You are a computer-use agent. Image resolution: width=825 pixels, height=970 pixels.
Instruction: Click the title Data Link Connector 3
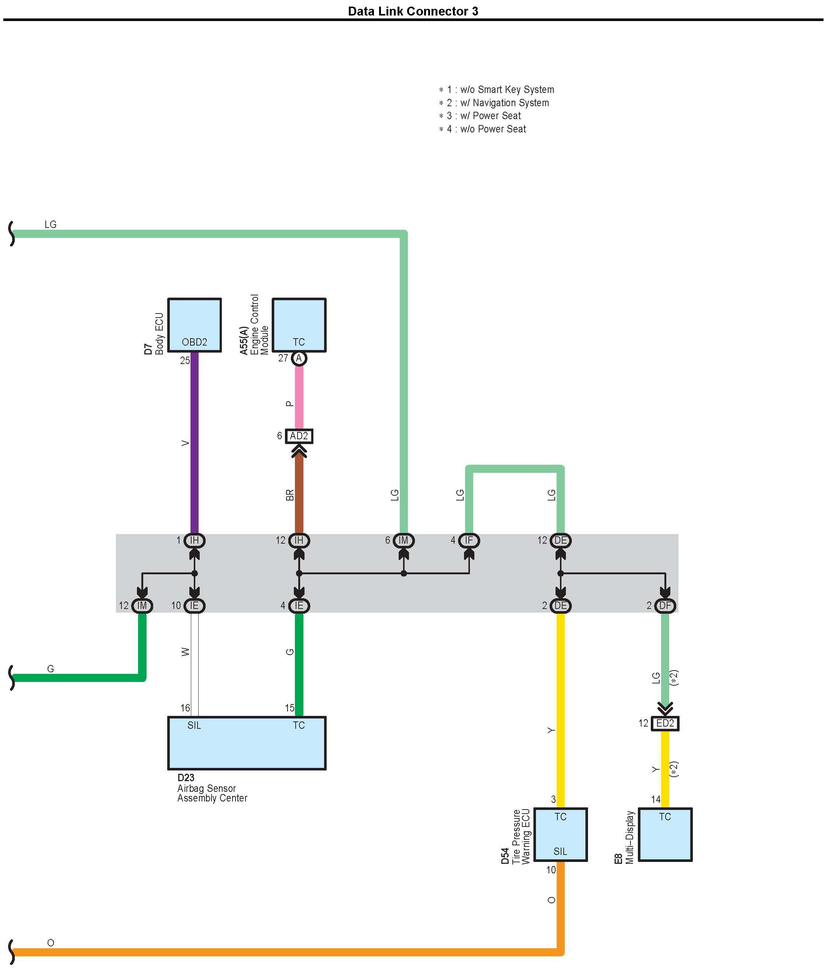pyautogui.click(x=413, y=11)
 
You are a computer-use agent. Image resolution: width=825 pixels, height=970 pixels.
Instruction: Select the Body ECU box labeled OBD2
pyautogui.click(x=194, y=325)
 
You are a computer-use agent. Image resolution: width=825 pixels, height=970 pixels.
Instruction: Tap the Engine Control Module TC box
pyautogui.click(x=299, y=325)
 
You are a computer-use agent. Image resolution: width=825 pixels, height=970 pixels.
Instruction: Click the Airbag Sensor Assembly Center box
pyautogui.click(x=247, y=742)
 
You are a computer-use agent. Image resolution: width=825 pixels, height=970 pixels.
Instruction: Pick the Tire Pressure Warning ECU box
pyautogui.click(x=560, y=834)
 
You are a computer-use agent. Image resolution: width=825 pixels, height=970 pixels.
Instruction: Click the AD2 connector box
pyautogui.click(x=299, y=436)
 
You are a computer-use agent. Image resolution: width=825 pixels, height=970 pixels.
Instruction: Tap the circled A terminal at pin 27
pyautogui.click(x=299, y=358)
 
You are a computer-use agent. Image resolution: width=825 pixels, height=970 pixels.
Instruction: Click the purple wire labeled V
pyautogui.click(x=194, y=444)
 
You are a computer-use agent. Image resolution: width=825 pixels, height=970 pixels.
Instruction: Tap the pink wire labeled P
pyautogui.click(x=299, y=397)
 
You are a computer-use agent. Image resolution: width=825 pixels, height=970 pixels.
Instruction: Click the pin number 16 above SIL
pyautogui.click(x=185, y=708)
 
